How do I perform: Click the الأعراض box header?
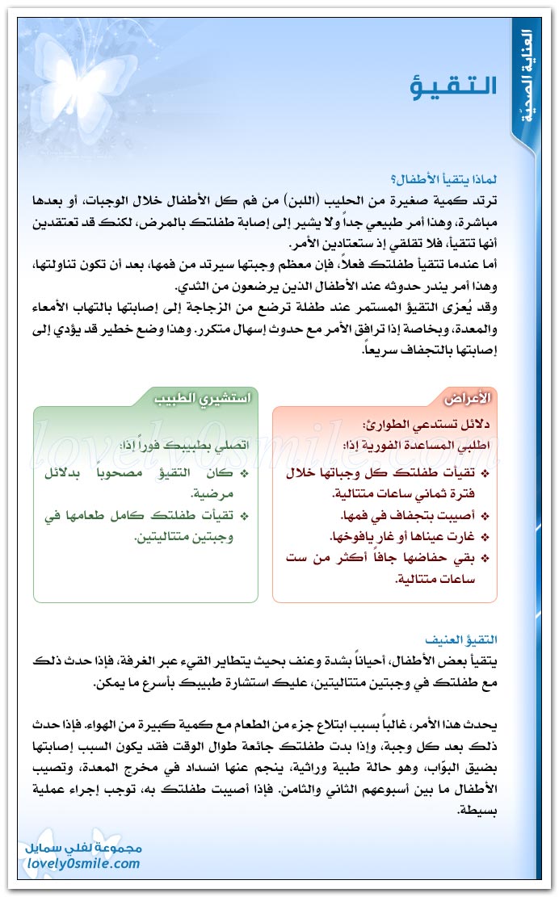[468, 399]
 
